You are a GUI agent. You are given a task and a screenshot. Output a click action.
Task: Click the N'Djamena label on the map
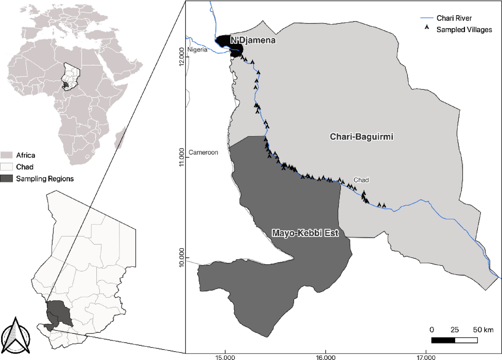[x=253, y=40]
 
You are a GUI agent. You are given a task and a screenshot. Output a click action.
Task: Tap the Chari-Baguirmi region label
[x=361, y=137]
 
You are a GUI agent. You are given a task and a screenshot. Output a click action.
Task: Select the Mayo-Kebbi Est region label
[x=305, y=233]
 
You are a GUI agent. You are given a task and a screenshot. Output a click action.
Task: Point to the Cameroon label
[x=203, y=152]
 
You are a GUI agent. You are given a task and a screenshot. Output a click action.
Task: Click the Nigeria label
[x=197, y=49]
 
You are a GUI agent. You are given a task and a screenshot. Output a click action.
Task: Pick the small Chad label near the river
[x=361, y=180]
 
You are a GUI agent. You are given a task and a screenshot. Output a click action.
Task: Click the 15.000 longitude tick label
[x=225, y=357]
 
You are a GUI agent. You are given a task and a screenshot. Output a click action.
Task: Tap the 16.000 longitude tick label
[x=326, y=357]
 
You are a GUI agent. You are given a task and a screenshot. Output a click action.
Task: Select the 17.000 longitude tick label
[x=426, y=357]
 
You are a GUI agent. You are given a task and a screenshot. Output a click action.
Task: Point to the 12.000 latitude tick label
[x=182, y=57]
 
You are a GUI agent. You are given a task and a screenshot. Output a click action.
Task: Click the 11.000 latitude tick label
[x=182, y=157]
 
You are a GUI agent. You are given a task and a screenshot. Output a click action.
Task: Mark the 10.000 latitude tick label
[x=182, y=257]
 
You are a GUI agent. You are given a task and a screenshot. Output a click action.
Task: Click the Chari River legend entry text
[x=454, y=18]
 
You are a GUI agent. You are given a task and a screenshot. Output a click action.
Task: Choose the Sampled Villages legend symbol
[x=427, y=28]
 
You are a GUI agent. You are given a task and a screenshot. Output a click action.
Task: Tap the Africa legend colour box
[x=7, y=155]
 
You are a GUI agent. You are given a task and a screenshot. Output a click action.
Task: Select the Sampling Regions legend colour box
[x=7, y=178]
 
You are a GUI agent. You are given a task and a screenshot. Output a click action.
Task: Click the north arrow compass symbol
[x=15, y=336]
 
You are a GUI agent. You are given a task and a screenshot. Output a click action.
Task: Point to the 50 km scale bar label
[x=483, y=330]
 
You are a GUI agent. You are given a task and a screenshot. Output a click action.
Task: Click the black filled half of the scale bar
[x=443, y=340]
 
